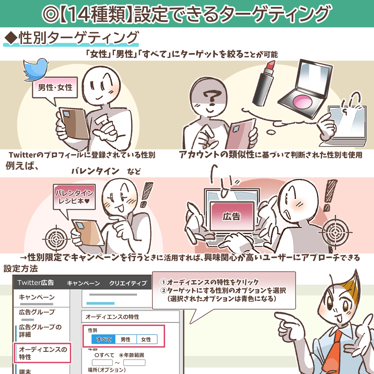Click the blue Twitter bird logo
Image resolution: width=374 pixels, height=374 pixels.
coord(36,69)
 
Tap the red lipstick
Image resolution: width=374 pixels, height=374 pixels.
coord(264,83)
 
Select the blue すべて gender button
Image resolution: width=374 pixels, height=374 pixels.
coord(104,339)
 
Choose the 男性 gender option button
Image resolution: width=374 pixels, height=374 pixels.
coord(126,339)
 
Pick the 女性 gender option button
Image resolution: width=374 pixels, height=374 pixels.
coord(146,339)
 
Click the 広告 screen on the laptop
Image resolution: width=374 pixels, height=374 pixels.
coord(232,216)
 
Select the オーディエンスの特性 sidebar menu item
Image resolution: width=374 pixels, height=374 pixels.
coord(43,353)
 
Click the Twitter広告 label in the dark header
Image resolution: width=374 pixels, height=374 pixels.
coord(36,283)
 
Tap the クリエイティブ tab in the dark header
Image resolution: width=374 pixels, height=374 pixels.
coord(128,283)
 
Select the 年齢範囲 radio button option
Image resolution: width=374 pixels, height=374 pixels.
coord(132,355)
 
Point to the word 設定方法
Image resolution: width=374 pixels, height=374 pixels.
coord(21,269)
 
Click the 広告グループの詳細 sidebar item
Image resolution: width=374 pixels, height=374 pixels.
coord(40,331)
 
